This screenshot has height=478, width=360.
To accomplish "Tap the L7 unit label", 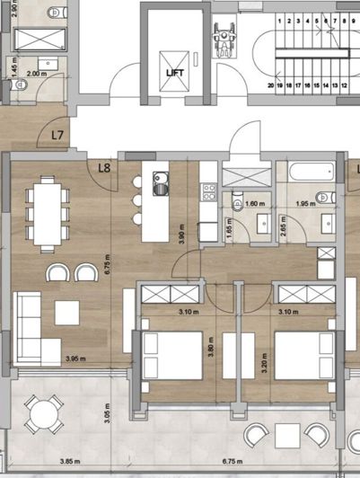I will pyautogui.click(x=58, y=136).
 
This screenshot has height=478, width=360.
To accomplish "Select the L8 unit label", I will pyautogui.click(x=104, y=166).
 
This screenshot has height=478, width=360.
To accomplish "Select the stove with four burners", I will pyautogui.click(x=208, y=190).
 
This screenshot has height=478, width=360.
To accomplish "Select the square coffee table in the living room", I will pyautogui.click(x=67, y=313).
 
